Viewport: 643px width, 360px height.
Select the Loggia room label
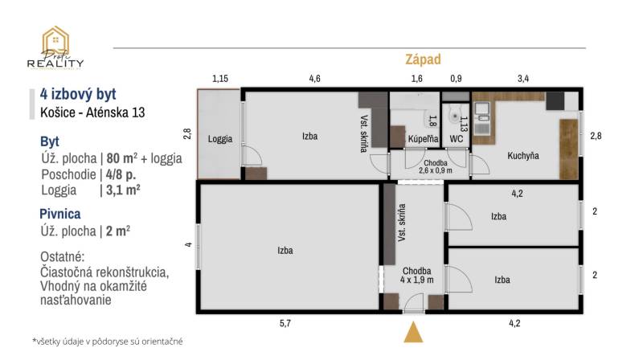click(219, 139)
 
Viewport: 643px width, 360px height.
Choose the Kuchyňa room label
click(522, 155)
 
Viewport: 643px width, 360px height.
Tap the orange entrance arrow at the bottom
click(413, 333)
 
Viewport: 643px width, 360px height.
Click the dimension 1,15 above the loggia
click(220, 79)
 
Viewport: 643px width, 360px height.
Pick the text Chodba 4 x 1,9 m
click(417, 276)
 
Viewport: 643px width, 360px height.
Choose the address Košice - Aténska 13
click(92, 112)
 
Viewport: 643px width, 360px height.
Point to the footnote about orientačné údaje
click(108, 342)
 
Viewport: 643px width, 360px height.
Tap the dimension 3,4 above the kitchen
click(522, 79)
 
